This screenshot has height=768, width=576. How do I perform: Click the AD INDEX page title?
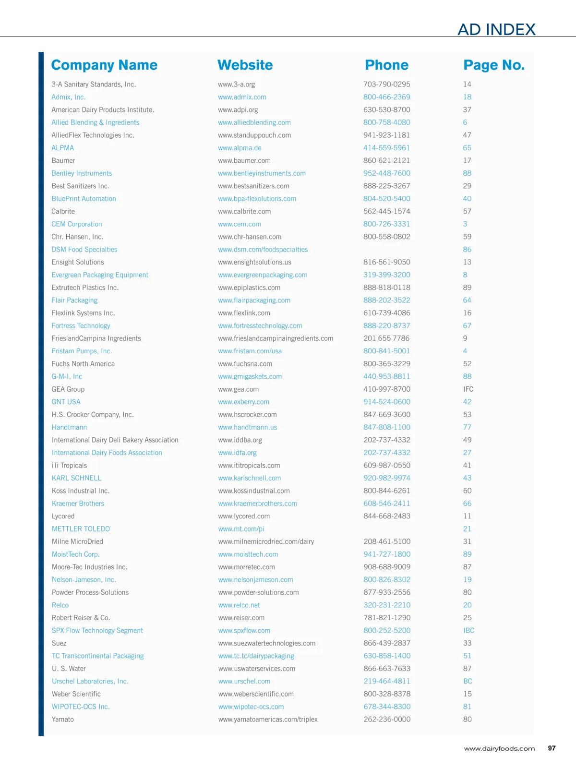pos(496,30)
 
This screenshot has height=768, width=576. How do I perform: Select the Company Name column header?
pos(104,65)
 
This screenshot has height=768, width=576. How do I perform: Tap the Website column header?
pos(245,65)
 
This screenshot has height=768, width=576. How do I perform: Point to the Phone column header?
pos(386,65)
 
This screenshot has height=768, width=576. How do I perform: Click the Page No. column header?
pos(494,65)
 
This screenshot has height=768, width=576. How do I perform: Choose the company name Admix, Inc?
pos(69,97)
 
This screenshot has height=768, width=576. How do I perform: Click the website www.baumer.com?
pos(244,161)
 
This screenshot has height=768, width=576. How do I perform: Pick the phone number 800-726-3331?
pos(386,224)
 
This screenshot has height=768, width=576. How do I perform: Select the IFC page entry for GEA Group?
pos(468,389)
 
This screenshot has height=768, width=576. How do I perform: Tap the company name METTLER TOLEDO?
pos(81,529)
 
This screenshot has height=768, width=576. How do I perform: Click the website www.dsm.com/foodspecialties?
pos(263,250)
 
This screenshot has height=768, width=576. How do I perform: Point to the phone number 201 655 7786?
pos(386,338)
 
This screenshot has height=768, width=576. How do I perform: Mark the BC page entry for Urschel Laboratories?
pos(468,681)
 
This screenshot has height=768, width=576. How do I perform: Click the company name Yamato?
pos(63,720)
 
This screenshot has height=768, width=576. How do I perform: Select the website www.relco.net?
pos(239,605)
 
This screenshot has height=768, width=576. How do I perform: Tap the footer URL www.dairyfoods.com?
pos(499,748)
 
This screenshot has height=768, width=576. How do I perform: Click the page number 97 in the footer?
pos(552,748)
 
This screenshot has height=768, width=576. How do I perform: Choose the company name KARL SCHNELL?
pos(76,478)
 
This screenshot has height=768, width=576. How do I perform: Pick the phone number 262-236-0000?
pos(387,720)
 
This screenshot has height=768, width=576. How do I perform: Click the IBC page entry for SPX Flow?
pos(468,631)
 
